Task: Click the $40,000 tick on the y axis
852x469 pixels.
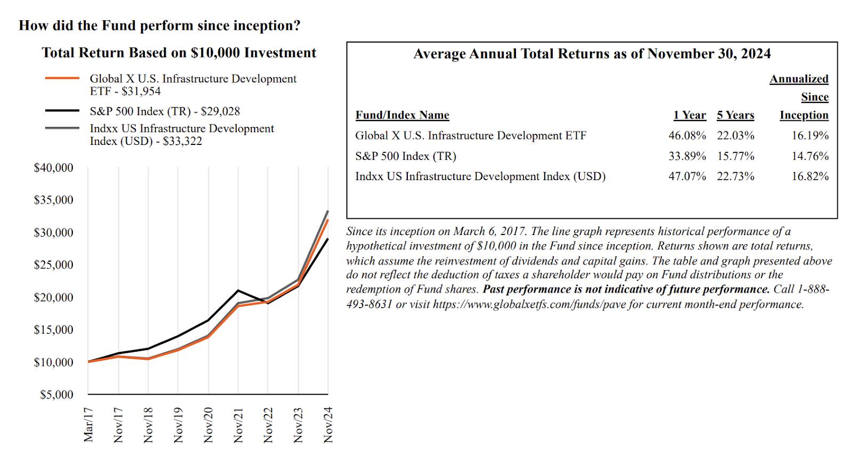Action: pos(53,168)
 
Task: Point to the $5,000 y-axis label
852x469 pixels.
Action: pos(56,395)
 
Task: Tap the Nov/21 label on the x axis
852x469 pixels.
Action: pos(238,425)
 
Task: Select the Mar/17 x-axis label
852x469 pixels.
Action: pos(88,425)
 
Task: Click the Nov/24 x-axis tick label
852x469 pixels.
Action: pos(328,425)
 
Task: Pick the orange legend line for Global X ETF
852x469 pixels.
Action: pos(62,78)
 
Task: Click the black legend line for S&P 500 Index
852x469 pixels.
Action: pos(62,111)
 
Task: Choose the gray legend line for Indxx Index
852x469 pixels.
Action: pos(62,128)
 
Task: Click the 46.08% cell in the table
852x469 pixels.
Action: pos(687,135)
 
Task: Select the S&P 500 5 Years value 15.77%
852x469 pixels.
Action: pos(735,156)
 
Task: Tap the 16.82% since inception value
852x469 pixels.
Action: pos(810,176)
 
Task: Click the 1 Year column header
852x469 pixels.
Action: pos(690,115)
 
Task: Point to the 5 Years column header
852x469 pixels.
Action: pos(735,115)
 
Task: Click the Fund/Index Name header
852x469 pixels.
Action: pos(402,115)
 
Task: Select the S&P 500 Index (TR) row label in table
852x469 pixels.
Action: pos(405,156)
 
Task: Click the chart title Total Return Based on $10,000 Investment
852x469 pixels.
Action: pos(179,53)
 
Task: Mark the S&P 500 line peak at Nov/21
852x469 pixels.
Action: pos(237,290)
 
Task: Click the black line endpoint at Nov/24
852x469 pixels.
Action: pos(327,239)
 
